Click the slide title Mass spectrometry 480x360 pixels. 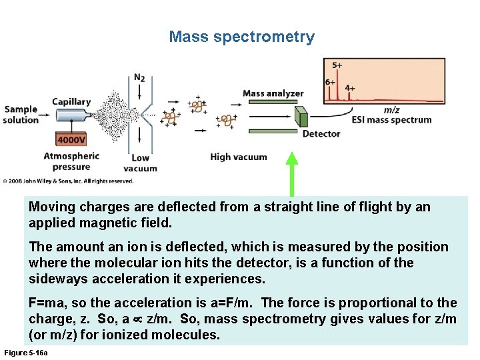pyautogui.click(x=241, y=37)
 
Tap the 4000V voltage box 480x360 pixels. pyautogui.click(x=71, y=140)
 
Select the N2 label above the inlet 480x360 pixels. pyautogui.click(x=139, y=77)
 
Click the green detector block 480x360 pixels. pyautogui.click(x=303, y=117)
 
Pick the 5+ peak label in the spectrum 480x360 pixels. pyautogui.click(x=337, y=65)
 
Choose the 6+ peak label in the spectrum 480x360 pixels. pyautogui.click(x=330, y=83)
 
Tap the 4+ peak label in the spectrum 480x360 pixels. pyautogui.click(x=350, y=88)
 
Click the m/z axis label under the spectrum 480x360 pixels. pyautogui.click(x=392, y=110)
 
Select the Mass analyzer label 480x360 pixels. pyautogui.click(x=273, y=94)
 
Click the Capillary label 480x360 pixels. pyautogui.click(x=71, y=102)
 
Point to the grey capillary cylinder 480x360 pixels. pyautogui.click(x=73, y=115)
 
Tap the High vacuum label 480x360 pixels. pyautogui.click(x=238, y=157)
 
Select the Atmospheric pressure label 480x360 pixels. pyautogui.click(x=71, y=161)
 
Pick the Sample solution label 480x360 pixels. pyautogui.click(x=21, y=115)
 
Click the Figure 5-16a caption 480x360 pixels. pyautogui.click(x=26, y=352)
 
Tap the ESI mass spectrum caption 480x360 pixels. pyautogui.click(x=392, y=120)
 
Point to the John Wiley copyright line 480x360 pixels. pyautogui.click(x=68, y=181)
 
